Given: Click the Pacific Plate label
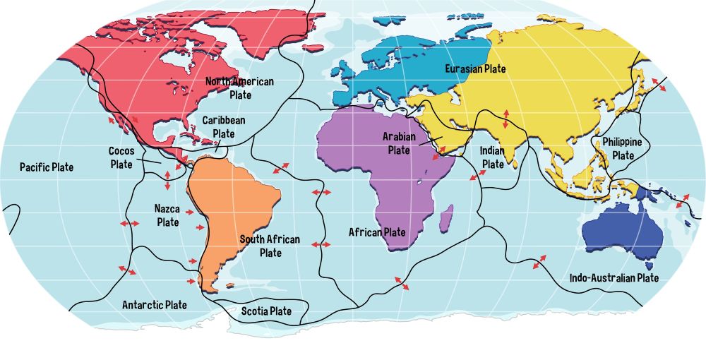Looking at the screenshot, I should click(x=47, y=167).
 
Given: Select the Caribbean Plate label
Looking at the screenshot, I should click(x=224, y=126).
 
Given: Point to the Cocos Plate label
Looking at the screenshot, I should click(x=121, y=157).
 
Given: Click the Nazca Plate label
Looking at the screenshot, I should click(x=167, y=215).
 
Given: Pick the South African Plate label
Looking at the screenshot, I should click(x=270, y=246).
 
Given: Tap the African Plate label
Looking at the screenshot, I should click(x=377, y=232).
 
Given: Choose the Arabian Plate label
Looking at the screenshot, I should click(x=399, y=143).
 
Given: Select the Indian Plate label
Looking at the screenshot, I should click(x=492, y=157).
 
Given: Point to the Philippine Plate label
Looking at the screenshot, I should click(x=622, y=148).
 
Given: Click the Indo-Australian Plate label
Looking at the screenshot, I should click(x=614, y=278).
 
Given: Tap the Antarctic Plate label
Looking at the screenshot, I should click(x=155, y=305).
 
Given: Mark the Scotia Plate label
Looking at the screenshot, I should click(x=266, y=311).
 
